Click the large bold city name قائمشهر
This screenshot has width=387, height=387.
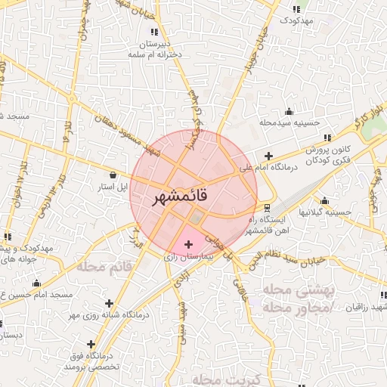pyautogui.click(x=192, y=198)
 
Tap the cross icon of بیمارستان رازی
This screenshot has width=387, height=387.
pyautogui.click(x=189, y=244)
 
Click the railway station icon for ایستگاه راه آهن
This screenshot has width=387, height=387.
pyautogui.click(x=266, y=207)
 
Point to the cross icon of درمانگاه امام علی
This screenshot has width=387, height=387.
pyautogui.click(x=268, y=156)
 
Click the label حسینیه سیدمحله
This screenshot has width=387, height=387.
pyautogui.click(x=290, y=121)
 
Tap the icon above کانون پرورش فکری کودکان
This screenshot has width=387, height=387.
pyautogui.click(x=327, y=138)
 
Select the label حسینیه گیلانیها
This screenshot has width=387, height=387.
pyautogui.click(x=325, y=212)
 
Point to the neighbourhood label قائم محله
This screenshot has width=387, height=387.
pyautogui.click(x=104, y=268)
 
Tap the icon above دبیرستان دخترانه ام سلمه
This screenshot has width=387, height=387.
pyautogui.click(x=155, y=32)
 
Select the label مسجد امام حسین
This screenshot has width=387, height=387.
pyautogui.click(x=38, y=294)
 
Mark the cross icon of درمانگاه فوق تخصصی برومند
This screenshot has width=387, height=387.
pyautogui.click(x=92, y=344)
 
